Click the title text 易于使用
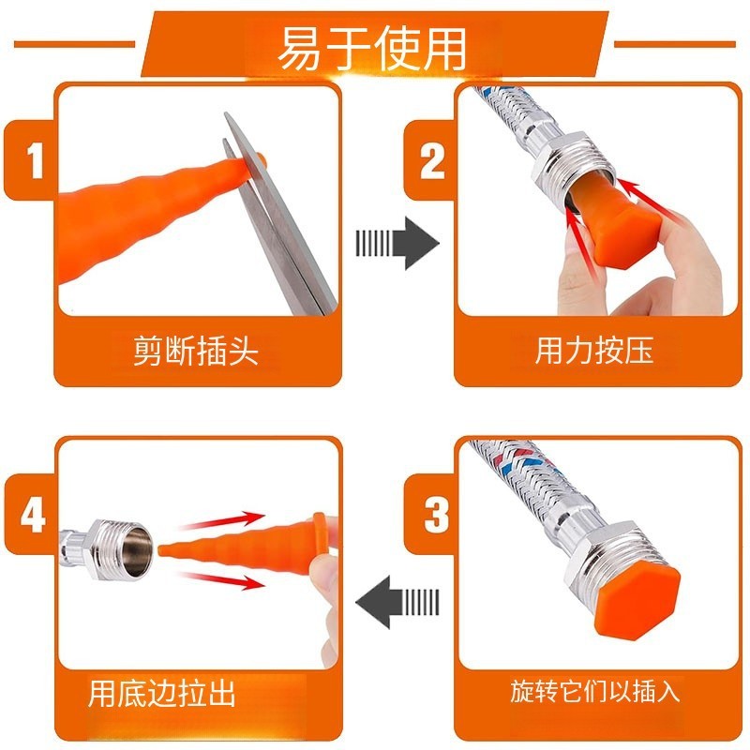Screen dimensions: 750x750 [371, 49]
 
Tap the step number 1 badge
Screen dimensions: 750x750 [35, 160]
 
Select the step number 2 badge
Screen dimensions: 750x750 [432, 161]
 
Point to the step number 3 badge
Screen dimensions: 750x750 [436, 515]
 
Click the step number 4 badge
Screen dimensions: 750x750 [33, 515]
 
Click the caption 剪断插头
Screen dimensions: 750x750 [196, 351]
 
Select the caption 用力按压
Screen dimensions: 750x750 [594, 351]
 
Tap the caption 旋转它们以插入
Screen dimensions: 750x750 [594, 691]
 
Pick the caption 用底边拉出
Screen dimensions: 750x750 [162, 693]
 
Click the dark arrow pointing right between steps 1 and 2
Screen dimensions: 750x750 [397, 243]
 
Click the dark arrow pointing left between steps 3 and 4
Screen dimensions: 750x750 [397, 602]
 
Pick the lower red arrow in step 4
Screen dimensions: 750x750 [221, 579]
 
